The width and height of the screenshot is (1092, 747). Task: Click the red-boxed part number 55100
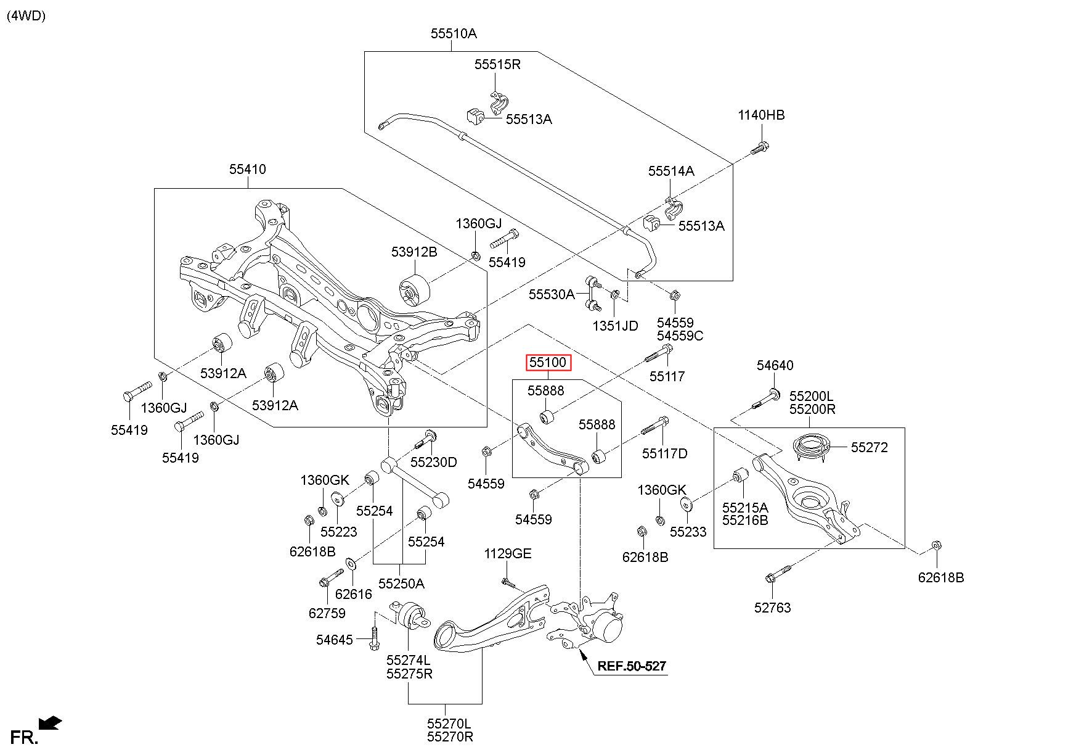[x=548, y=363]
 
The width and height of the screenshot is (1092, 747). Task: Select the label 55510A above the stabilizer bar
[x=454, y=34]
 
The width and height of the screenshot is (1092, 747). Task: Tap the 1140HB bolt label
[x=761, y=115]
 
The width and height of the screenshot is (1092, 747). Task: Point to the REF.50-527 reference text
[x=632, y=666]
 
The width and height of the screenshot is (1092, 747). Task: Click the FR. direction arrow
[x=49, y=722]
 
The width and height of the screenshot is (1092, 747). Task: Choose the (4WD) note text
[x=26, y=17]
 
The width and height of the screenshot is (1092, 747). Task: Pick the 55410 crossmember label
[x=248, y=169]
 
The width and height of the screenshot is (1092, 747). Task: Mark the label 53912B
[x=414, y=252]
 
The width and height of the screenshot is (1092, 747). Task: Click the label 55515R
[x=497, y=64]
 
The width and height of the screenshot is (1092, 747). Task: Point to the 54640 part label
[x=775, y=366]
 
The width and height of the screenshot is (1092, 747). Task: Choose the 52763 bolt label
[x=772, y=608]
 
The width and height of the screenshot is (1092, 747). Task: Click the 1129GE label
[x=507, y=554]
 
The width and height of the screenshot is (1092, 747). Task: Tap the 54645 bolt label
[x=335, y=640]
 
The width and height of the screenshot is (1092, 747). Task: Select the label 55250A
[x=401, y=584]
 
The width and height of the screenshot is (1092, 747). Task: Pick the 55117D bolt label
[x=664, y=454]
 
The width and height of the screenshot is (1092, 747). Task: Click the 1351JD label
[x=615, y=326]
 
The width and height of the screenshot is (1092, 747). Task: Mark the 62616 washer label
[x=354, y=594]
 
